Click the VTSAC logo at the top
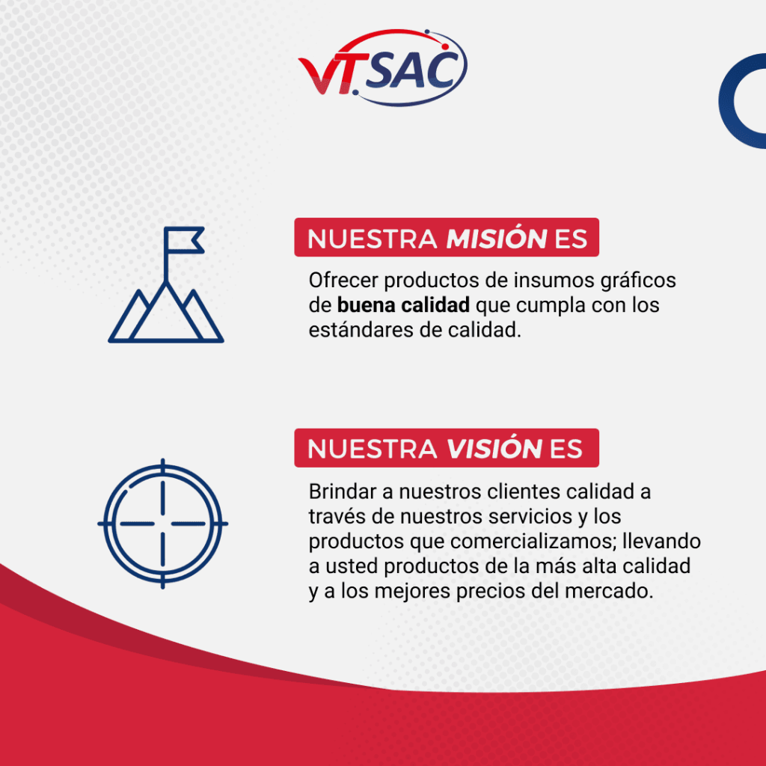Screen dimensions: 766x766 (382, 67)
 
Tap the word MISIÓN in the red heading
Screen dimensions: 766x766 (497, 239)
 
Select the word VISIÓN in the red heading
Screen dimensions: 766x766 (494, 450)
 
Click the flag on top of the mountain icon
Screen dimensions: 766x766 (184, 240)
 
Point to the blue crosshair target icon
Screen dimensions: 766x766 (162, 524)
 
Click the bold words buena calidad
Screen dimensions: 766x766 (403, 305)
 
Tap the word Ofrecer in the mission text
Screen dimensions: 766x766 (343, 281)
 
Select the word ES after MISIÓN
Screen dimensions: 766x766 (571, 239)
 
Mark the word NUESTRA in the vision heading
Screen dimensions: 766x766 (373, 450)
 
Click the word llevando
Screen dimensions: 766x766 (662, 542)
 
